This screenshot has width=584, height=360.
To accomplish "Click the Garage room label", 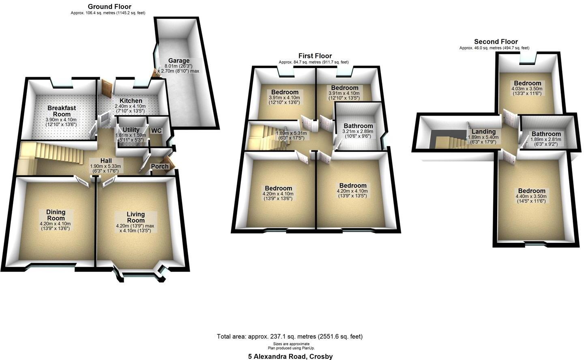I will [179, 61].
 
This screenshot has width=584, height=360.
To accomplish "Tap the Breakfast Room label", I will [62, 111].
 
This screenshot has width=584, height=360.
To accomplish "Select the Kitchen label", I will [131, 101].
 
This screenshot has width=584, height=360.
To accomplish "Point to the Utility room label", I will [128, 130].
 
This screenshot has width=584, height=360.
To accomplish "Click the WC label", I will [156, 131].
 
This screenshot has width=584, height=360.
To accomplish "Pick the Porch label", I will [160, 167].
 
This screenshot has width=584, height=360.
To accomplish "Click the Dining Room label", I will [55, 215].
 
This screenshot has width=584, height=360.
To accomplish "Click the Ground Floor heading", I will [109, 6].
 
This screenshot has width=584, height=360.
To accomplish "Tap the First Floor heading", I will [315, 56].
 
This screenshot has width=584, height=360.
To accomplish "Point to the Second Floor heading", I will [496, 42].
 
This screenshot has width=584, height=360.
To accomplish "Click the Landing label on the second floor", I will [483, 132].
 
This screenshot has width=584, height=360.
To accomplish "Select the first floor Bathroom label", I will [358, 126].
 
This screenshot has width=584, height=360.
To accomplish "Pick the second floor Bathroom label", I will [546, 134].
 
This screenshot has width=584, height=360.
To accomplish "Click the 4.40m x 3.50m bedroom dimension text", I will [532, 196].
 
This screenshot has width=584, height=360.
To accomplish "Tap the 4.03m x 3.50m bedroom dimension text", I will [526, 89].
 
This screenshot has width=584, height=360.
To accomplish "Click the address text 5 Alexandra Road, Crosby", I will [290, 357].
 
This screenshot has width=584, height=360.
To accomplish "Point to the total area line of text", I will [290, 336].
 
